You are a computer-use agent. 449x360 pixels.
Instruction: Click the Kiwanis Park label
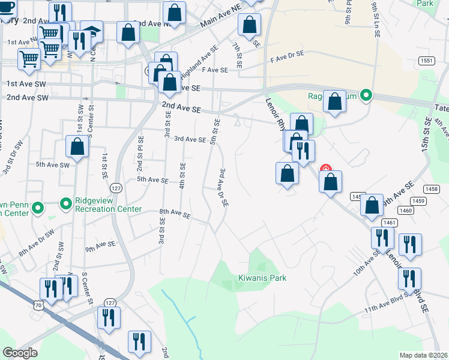pyautogui.click(x=262, y=278)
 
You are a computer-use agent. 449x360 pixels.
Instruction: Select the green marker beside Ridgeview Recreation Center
pyautogui.click(x=65, y=205)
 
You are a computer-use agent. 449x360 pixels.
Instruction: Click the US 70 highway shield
pyautogui.click(x=38, y=305)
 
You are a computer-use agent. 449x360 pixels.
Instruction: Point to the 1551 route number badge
pyautogui.click(x=427, y=61)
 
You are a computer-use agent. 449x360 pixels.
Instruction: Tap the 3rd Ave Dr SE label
pyautogui.click(x=223, y=187)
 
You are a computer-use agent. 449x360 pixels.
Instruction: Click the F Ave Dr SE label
pyautogui.click(x=287, y=55)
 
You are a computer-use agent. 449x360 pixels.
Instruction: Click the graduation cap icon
pyautogui.click(x=91, y=31)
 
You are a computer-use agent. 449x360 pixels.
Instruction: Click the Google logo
pyautogui.click(x=20, y=352)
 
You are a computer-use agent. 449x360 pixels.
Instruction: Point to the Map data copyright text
pyautogui.click(x=423, y=355)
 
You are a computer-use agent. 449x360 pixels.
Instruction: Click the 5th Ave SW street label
pyautogui.click(x=53, y=164)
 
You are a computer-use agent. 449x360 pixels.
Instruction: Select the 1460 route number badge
pyautogui.click(x=406, y=211)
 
